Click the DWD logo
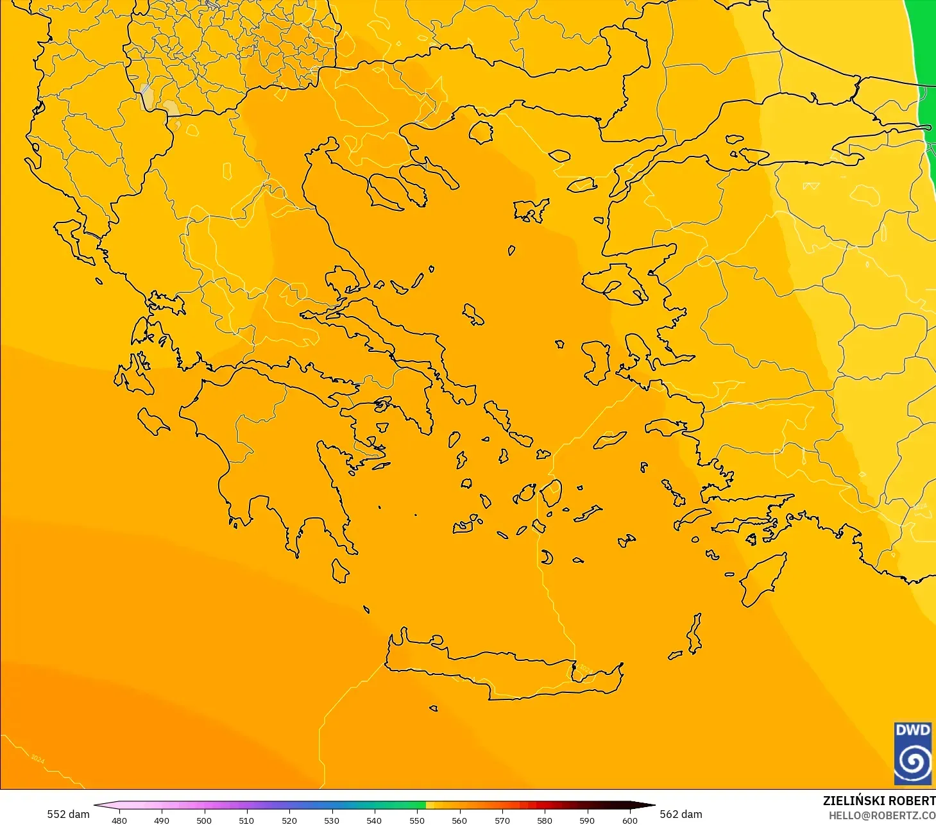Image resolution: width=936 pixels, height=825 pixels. pos(912,753)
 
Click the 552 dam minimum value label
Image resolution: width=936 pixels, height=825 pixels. pos(68,814)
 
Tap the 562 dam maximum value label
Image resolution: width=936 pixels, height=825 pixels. pos(681,814)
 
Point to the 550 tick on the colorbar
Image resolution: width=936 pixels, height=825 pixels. pos(417,820)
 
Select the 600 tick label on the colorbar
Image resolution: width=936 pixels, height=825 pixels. pos(629,820)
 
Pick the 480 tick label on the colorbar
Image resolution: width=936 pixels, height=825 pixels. pos(119,820)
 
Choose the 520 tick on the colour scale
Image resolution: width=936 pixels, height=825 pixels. pos(289,820)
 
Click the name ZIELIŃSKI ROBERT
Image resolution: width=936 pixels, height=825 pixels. pos(879,801)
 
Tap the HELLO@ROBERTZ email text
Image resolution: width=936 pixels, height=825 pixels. pos(882,815)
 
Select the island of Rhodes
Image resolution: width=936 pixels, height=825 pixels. pos(763,580)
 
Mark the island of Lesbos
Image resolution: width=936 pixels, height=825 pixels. pos(616,282)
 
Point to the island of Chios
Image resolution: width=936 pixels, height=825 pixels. pos(595,362)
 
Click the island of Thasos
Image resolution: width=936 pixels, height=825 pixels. pos(481,132)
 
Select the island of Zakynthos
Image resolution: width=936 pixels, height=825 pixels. pos(153,421)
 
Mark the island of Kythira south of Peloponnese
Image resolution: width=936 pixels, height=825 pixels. pos(340,571)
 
